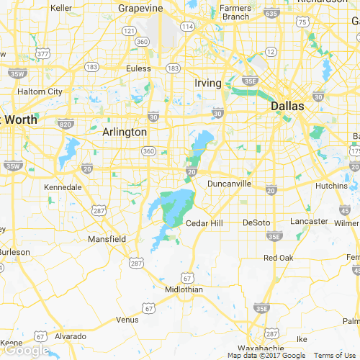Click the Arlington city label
125,132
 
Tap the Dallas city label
287,106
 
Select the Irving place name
208,84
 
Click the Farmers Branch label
235,12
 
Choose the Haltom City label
40,91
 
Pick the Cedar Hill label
204,223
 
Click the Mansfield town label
107,238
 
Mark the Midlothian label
184,289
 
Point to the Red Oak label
279,258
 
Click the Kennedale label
63,187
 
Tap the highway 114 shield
187,27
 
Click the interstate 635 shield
271,13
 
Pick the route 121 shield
129,30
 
